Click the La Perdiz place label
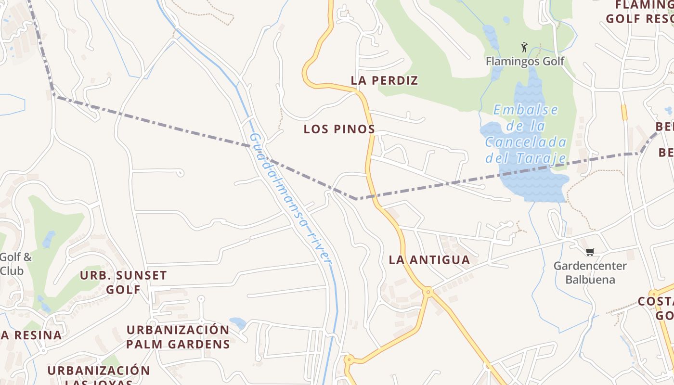pos(384,80)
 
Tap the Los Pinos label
pos(339,129)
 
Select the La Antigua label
pos(429,260)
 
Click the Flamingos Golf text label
pos(525,61)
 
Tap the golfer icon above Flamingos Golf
pos(524,47)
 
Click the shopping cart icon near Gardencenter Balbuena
pos(590,252)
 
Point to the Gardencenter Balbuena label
pos(590,272)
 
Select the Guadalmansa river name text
pos(291,197)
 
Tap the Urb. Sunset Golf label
pos(123,282)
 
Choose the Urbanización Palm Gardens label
pos(178,337)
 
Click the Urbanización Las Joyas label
pos(99,376)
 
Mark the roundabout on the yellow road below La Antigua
pos(428,292)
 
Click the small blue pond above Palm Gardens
pos(238,323)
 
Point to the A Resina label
pos(31,335)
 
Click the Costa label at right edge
pos(656,308)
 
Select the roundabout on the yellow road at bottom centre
pos(349,359)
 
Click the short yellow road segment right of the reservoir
pos(624,112)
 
